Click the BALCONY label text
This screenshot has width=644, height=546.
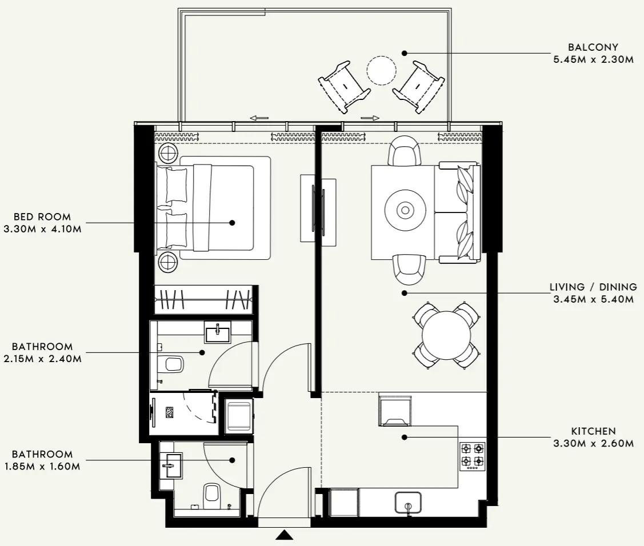[593, 47]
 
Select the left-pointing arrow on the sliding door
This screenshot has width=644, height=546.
[259, 118]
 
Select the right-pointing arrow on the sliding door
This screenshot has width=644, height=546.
[370, 118]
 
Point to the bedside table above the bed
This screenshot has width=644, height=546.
[169, 152]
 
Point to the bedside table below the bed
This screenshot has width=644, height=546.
[169, 262]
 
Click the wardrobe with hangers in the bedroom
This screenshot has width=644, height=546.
[204, 299]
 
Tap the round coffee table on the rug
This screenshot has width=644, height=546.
[405, 210]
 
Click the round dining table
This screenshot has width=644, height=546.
[446, 335]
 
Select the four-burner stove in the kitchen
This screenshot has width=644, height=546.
[473, 456]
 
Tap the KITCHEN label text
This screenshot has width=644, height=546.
[593, 431]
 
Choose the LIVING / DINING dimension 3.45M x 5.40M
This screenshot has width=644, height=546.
[593, 299]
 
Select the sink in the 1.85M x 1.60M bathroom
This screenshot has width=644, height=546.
[171, 465]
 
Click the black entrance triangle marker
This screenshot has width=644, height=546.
[284, 535]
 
